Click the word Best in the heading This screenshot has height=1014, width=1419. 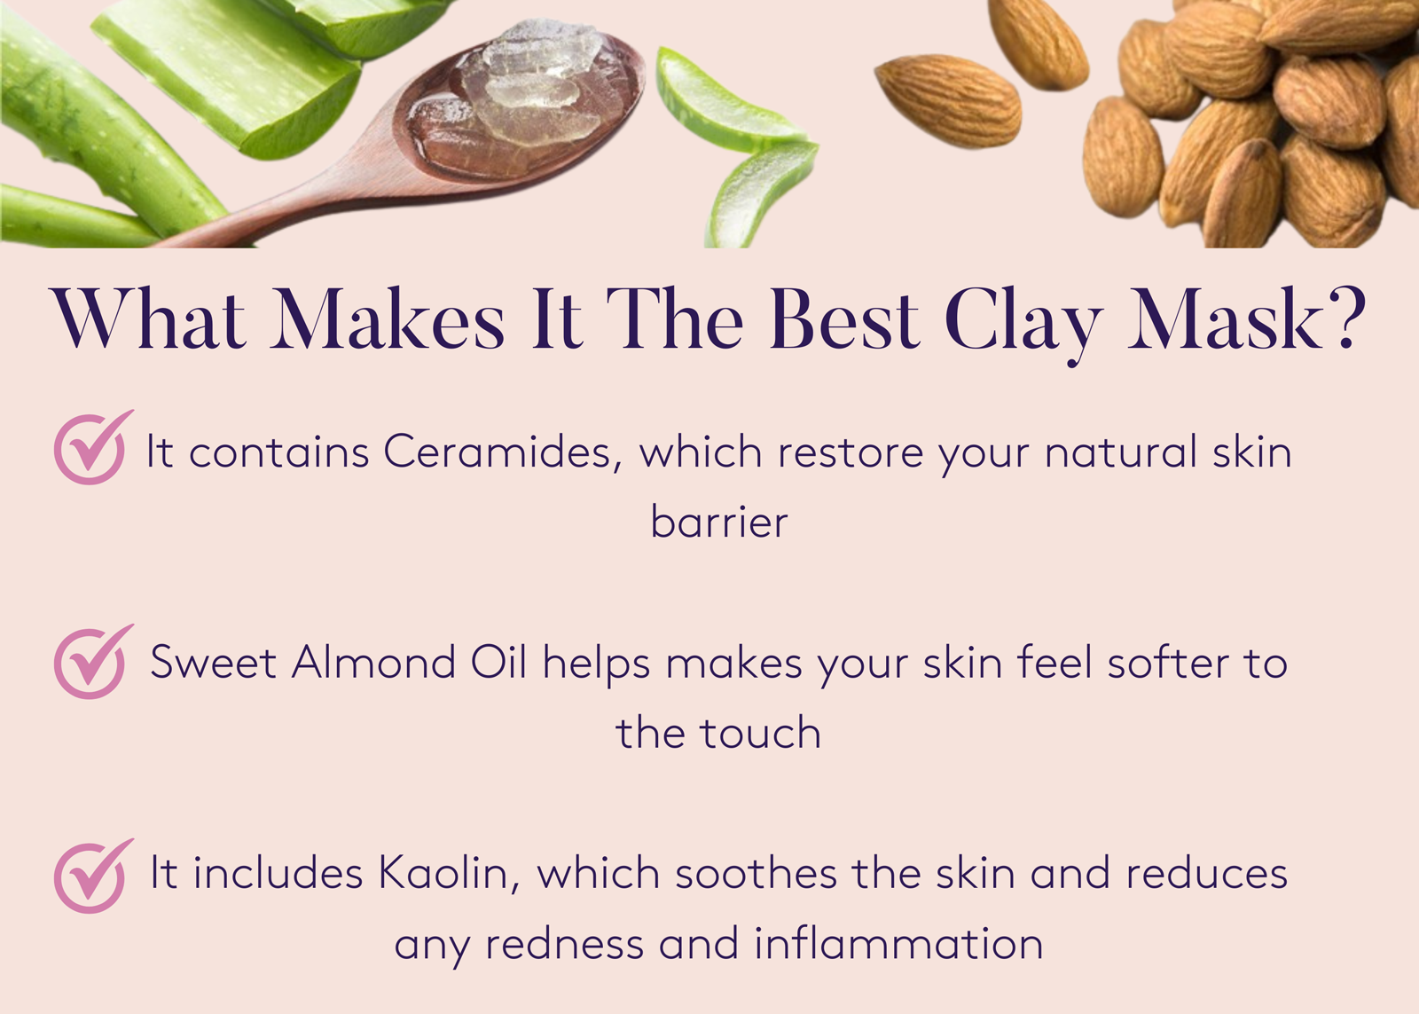[843, 319]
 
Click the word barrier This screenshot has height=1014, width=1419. [718, 522]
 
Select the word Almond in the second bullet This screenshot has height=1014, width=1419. [373, 663]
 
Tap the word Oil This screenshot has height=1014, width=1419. [498, 663]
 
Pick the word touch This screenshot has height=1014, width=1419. [760, 734]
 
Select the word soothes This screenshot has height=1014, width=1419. [756, 874]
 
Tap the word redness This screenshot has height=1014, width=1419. [564, 944]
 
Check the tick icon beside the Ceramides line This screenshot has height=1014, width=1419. [91, 448]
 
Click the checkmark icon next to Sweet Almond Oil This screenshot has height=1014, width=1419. [91, 662]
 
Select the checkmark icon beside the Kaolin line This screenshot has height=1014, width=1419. [91, 876]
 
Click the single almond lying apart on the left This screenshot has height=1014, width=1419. [947, 99]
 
